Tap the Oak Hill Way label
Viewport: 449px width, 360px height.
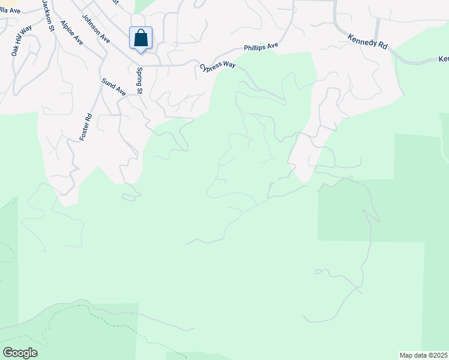tap(21, 41)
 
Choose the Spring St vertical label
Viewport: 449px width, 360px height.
tap(139, 81)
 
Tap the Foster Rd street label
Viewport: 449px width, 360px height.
tap(86, 127)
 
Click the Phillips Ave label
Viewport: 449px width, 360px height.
tap(261, 46)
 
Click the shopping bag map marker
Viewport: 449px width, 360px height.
tap(140, 38)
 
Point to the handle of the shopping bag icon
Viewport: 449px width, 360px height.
tap(140, 32)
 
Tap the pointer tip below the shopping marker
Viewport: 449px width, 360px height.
tap(140, 52)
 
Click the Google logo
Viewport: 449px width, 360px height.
tap(20, 353)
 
